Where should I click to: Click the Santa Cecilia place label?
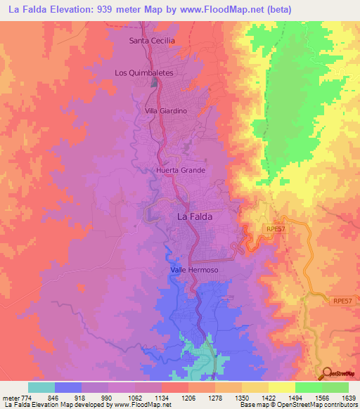152,41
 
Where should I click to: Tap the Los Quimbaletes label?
143,72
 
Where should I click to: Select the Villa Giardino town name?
165,111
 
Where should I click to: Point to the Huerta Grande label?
181,170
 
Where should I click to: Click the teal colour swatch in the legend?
41,387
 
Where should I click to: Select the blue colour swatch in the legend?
68,387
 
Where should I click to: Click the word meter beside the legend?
8,398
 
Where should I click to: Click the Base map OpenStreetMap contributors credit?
297,405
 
